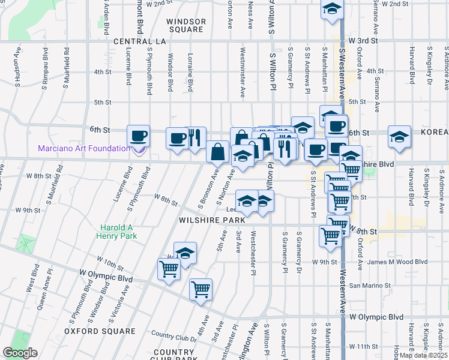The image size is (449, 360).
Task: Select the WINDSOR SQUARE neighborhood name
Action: [186, 25]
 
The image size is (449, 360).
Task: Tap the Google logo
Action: [20, 353]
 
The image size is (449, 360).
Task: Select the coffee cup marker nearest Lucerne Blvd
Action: [139, 136]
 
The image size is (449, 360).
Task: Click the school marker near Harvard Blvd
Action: [399, 137]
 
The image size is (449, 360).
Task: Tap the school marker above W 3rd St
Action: [331, 9]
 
